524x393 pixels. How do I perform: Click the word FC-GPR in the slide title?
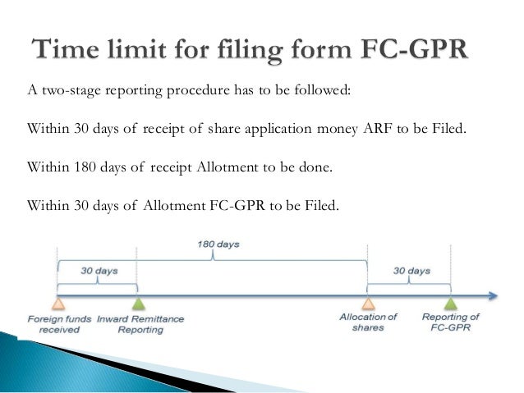click(415, 48)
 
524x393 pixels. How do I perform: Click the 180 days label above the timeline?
click(213, 244)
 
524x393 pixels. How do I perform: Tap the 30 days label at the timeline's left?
click(98, 268)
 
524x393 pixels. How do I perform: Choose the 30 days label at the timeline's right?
click(411, 270)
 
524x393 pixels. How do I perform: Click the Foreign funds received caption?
click(54, 323)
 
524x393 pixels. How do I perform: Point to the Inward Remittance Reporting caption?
click(140, 323)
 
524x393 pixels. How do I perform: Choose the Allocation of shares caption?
click(368, 322)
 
